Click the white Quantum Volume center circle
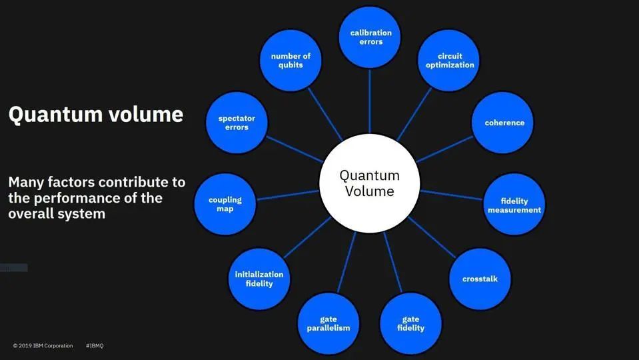[369, 183]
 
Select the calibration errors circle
[370, 37]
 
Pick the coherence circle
[504, 123]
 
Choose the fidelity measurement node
[514, 205]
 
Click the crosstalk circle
[480, 279]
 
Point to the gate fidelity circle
[410, 323]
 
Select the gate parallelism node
[328, 323]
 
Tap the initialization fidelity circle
[259, 279]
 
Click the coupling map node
[225, 204]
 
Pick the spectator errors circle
[237, 123]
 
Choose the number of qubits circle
[291, 61]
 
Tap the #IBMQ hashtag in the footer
[95, 346]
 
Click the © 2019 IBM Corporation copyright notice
[43, 346]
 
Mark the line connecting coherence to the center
[445, 149]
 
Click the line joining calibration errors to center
[370, 100]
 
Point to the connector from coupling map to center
[288, 195]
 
